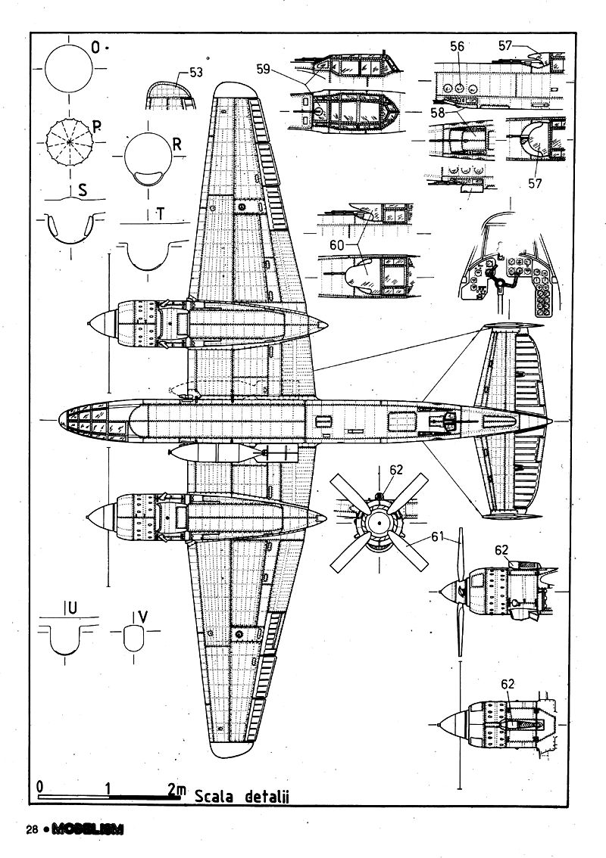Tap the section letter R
point(176,145)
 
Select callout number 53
point(196,73)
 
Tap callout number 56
point(457,46)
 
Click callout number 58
point(437,112)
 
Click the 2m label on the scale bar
point(176,790)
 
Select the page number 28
point(32,829)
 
